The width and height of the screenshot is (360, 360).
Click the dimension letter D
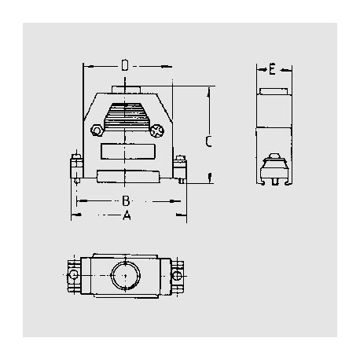125,64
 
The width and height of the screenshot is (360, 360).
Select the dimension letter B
126,200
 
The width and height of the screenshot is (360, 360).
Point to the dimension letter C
208,141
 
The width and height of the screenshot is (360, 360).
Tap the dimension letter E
271,71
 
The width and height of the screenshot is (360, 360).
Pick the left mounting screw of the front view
75,168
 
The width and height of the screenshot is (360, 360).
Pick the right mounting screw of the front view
180,168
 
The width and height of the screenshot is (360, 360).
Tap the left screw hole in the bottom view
74,277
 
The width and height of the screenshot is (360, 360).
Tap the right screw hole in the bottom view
177,277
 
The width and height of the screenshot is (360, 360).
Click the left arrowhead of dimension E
260,71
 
